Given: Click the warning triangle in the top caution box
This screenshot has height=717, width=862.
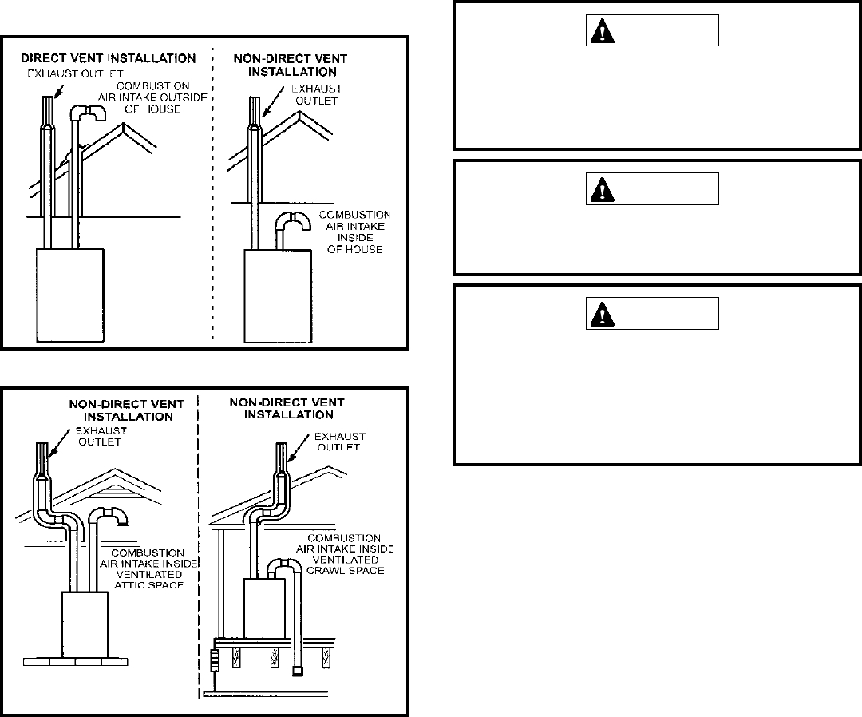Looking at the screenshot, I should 600,31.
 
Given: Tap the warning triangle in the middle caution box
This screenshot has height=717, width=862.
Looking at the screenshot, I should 600,189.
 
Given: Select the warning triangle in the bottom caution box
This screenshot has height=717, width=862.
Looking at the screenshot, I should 600,314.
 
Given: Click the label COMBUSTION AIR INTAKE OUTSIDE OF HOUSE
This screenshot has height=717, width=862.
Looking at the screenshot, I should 151,97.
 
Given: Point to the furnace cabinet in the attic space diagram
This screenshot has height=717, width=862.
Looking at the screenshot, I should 85,623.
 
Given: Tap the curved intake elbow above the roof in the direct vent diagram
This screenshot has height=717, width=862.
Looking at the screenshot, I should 85,114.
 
